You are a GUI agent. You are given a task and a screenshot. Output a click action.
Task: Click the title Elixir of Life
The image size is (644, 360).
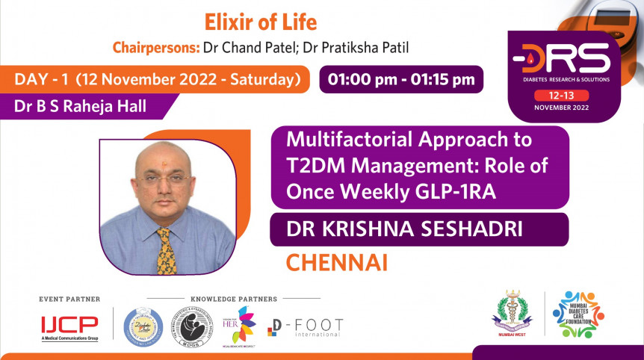coord(261,22)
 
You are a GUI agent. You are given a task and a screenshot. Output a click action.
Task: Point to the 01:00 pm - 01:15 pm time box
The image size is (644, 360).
coord(401,79)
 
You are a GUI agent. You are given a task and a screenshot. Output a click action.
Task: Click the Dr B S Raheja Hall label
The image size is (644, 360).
coord(80,106)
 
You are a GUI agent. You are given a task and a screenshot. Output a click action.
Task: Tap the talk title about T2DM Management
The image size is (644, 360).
coord(409,166)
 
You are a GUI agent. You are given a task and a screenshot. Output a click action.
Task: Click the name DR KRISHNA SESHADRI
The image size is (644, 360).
coord(404,230)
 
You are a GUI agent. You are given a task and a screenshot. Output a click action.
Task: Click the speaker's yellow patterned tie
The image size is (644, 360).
coord(166,250)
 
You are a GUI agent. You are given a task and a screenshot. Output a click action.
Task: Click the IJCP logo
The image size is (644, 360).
coord(69,326)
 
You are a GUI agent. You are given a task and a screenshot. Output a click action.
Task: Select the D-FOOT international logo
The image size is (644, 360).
coord(306,327)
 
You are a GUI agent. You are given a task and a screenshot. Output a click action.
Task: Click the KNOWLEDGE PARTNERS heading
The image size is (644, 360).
coord(234,299)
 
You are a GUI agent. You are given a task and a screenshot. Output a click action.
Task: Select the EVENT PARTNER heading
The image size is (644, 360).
coord(69,299)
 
